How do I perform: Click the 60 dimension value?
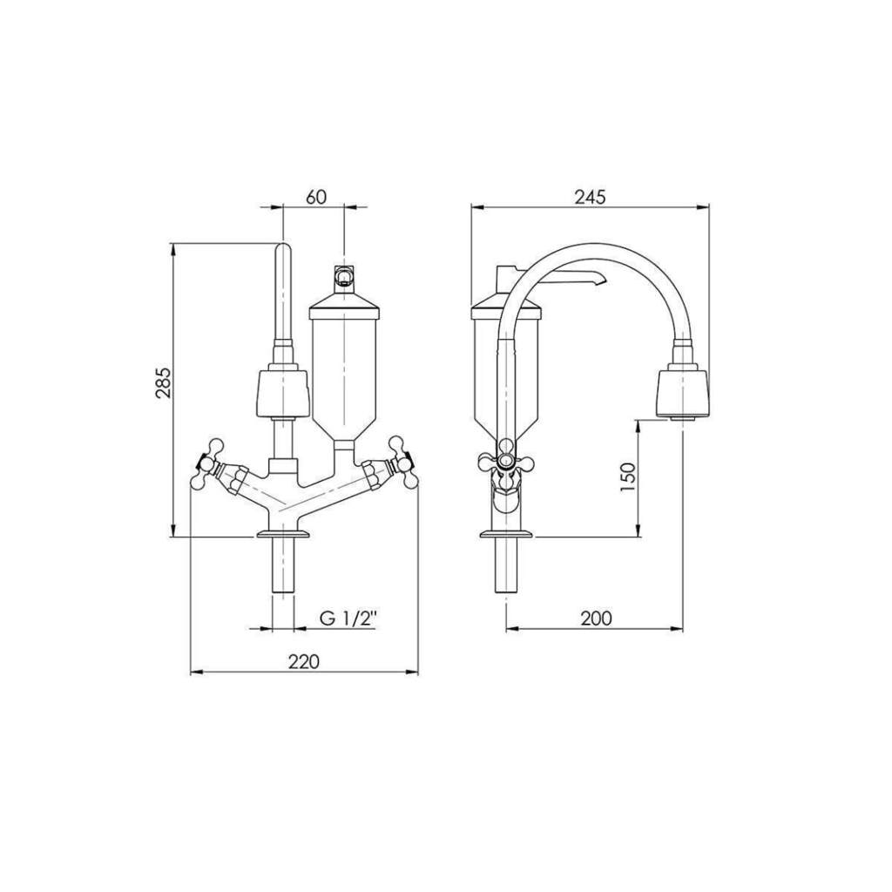click(316, 197)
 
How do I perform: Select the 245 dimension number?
click(590, 197)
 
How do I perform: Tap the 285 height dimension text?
click(163, 383)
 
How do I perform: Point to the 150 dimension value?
click(627, 476)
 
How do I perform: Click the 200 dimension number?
click(596, 618)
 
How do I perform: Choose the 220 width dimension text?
click(304, 662)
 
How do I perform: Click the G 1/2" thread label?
click(348, 619)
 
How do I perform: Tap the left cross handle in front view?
click(208, 463)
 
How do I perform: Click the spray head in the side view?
click(683, 394)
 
